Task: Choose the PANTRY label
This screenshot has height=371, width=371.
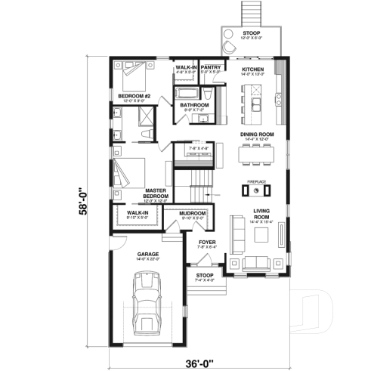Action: click(x=211, y=66)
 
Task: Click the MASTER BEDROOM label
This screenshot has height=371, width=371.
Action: click(x=154, y=193)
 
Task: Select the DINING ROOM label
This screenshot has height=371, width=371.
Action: click(x=257, y=134)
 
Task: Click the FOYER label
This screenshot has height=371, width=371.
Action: click(x=207, y=242)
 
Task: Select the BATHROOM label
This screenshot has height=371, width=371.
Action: click(x=193, y=105)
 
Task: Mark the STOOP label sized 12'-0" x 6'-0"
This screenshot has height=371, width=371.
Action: click(x=250, y=34)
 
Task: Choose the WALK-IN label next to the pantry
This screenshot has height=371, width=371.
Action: click(x=186, y=66)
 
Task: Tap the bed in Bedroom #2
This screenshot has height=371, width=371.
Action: click(x=133, y=74)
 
